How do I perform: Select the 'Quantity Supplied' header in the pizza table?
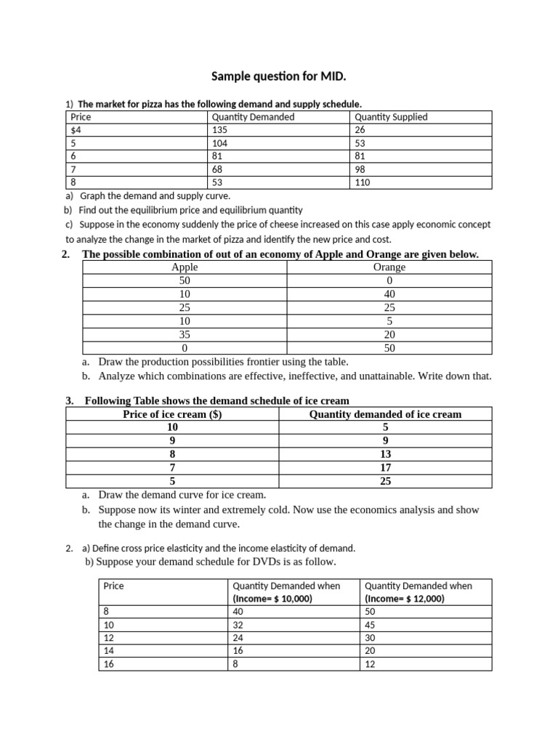[391, 117]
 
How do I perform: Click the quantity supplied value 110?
[363, 182]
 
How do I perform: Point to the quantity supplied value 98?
[360, 169]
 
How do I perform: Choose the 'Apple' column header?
[185, 267]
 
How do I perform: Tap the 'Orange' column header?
[389, 267]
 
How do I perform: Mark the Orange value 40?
[389, 294]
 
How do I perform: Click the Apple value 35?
[185, 334]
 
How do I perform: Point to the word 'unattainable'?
[400, 376]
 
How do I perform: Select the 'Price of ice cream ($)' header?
[173, 414]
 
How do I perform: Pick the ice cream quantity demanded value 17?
[385, 467]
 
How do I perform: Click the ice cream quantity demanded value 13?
[385, 454]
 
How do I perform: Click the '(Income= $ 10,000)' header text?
[272, 599]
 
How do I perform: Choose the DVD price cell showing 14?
[109, 651]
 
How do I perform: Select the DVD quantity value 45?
[370, 625]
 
